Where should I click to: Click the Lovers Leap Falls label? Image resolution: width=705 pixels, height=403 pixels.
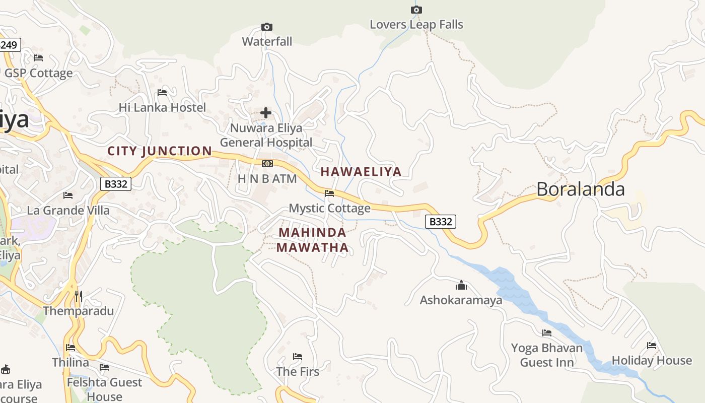(x=416, y=25)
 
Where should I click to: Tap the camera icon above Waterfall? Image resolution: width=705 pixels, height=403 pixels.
(x=267, y=27)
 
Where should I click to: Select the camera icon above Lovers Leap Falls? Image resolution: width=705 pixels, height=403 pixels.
(x=416, y=10)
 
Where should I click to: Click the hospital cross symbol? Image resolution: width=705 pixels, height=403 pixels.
(x=266, y=113)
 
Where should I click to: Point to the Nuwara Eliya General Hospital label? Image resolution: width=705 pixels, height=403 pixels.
(x=266, y=136)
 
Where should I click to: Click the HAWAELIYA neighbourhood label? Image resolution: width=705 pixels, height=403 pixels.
(x=361, y=172)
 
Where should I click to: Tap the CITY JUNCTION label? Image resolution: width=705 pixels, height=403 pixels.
(x=160, y=151)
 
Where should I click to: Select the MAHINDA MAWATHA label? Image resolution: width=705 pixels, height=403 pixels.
(x=312, y=240)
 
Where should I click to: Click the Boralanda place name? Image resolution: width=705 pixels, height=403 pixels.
(x=580, y=189)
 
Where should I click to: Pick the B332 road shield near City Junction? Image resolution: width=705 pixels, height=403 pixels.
(x=116, y=184)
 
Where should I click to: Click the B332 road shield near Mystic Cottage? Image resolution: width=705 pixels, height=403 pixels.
(x=440, y=221)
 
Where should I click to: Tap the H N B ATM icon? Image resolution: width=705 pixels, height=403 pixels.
(x=267, y=164)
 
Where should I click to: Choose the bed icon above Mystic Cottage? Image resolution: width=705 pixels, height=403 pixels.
(x=329, y=193)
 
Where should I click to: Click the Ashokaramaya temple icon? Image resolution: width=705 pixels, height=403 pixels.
(x=461, y=286)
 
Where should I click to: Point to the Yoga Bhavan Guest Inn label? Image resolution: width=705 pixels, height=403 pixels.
(x=546, y=355)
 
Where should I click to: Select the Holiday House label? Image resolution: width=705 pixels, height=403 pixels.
(x=652, y=361)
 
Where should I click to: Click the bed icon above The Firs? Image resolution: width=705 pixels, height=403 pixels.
(x=298, y=357)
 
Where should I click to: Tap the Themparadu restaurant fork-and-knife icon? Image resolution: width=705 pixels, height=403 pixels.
(x=78, y=296)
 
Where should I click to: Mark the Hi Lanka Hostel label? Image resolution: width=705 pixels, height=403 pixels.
(x=162, y=107)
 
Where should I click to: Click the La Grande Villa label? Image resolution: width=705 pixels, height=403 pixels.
(x=68, y=210)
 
